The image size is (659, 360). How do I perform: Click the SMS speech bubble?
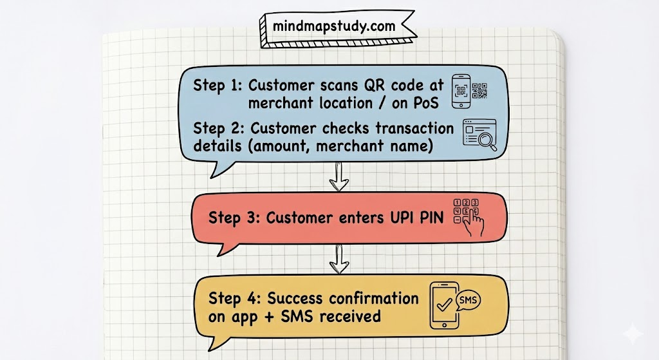point(467,300)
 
